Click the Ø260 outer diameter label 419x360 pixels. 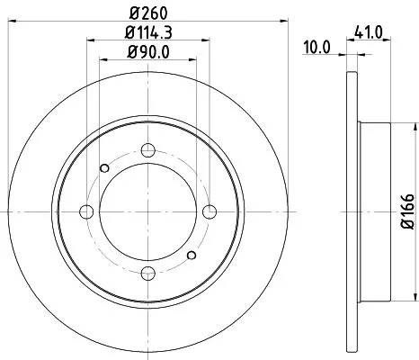tap(148, 13)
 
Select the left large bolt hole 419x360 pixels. tap(87, 211)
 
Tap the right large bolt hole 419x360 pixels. tap(209, 211)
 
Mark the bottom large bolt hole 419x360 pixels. tap(148, 273)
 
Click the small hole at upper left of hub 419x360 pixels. tap(105, 167)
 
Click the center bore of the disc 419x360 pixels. tap(148, 211)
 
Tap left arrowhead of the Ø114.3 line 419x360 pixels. tap(91, 40)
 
